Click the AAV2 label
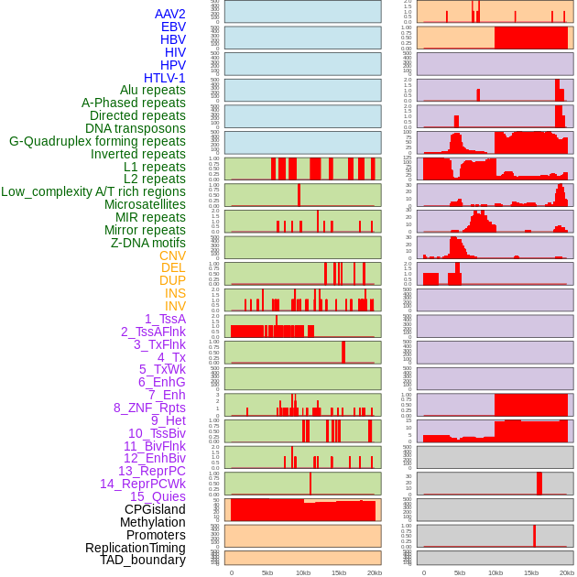169,14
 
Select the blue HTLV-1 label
164,78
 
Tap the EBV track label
173,27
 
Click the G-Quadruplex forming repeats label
97,141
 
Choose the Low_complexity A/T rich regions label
93,191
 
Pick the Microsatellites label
145,204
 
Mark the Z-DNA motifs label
147,243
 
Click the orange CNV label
172,256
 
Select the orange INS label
174,293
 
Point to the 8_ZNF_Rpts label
149,408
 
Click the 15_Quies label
158,496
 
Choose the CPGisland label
155,509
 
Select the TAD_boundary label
142,560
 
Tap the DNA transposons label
136,128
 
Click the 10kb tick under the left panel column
302,572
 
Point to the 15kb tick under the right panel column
530,572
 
